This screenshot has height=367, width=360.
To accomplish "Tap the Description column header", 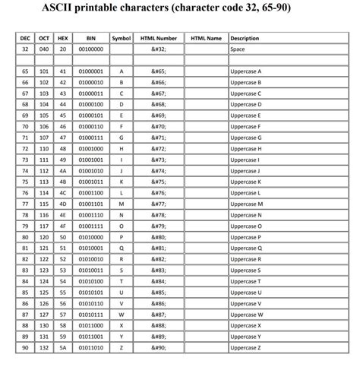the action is click(x=245, y=37).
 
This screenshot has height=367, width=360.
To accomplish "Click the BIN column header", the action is click(x=91, y=37).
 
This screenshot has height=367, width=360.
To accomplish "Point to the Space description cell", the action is click(x=237, y=49).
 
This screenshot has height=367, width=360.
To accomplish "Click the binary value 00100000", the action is click(x=91, y=49).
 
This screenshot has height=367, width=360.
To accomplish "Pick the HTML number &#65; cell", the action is click(x=159, y=70).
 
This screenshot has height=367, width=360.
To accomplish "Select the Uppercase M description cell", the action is click(x=246, y=204).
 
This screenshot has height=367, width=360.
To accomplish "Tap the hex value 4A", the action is click(x=64, y=171).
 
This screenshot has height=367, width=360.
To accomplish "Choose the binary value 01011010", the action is click(x=91, y=348).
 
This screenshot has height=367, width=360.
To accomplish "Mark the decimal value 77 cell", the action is click(x=24, y=204).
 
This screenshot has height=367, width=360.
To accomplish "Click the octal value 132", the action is click(x=44, y=348).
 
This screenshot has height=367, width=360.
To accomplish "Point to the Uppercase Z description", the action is click(x=245, y=348).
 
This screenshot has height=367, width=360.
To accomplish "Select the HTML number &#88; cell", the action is click(x=159, y=326).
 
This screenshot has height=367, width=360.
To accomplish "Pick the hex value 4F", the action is click(x=64, y=226).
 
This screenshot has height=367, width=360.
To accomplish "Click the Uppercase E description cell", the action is click(x=245, y=115).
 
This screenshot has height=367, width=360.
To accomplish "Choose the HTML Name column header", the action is click(x=206, y=37).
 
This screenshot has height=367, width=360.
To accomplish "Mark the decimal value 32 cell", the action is click(x=24, y=49).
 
